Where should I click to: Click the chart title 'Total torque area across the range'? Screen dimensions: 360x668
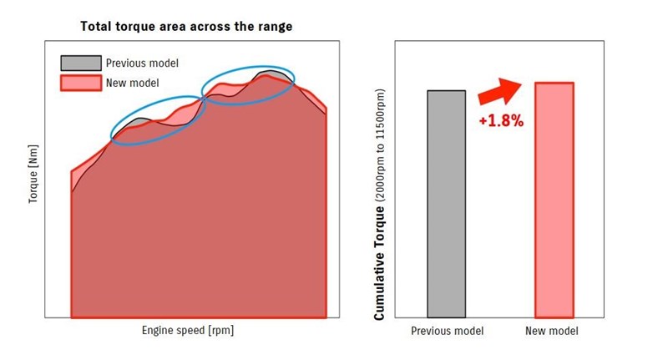click(185, 27)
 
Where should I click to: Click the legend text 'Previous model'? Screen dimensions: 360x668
click(142, 63)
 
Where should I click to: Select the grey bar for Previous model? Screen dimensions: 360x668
click(446, 204)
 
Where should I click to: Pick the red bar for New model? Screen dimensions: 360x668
click(554, 200)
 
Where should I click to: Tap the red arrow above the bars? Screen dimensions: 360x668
click(499, 89)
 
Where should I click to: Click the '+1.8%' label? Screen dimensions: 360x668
click(501, 121)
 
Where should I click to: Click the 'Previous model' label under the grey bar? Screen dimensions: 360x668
click(447, 332)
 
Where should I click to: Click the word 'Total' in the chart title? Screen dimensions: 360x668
click(97, 27)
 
